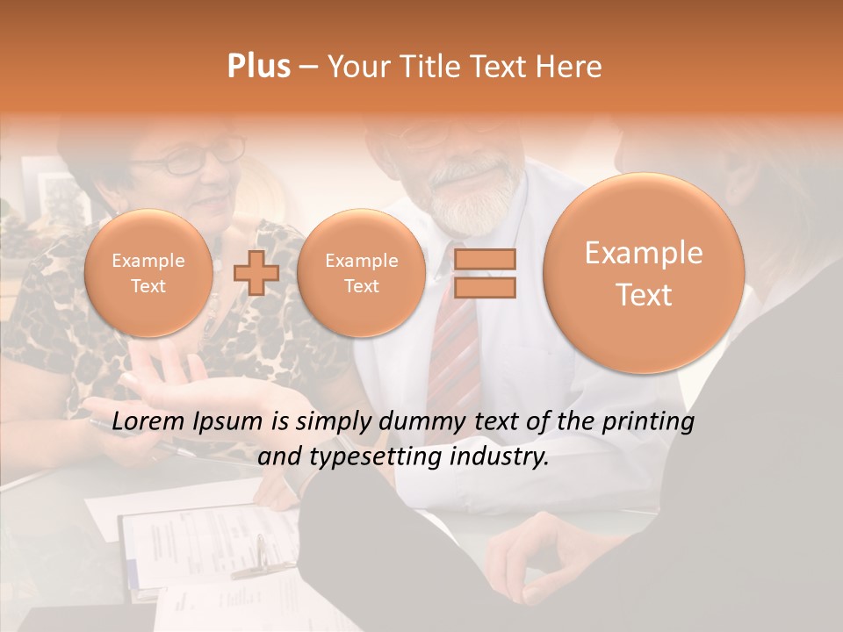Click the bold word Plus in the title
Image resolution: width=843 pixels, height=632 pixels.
coord(258,67)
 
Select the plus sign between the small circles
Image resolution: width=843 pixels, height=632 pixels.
coord(256,273)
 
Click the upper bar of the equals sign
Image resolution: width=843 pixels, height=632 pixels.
coord(484,259)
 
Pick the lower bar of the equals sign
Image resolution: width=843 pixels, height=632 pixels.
coord(484,287)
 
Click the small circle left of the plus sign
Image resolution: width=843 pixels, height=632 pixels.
coord(148,273)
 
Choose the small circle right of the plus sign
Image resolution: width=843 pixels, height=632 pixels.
coord(361,273)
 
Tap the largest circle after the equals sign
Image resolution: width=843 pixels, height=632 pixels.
coord(644,273)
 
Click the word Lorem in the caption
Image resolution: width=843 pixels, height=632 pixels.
coord(148,422)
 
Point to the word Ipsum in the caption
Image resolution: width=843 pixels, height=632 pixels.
coord(227,422)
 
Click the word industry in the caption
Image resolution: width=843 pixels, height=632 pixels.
coord(501,457)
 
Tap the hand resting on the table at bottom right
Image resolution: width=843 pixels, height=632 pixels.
coord(536,553)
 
